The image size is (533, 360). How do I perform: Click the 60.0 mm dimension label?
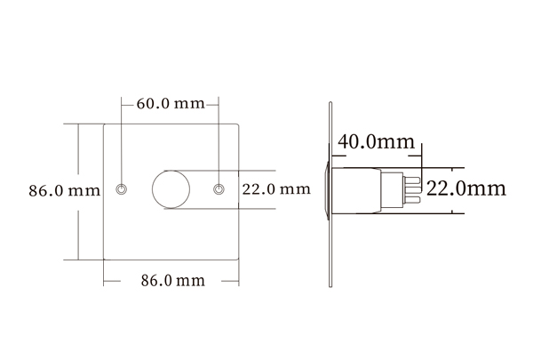(170, 103)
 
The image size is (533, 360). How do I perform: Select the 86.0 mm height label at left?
(64, 190)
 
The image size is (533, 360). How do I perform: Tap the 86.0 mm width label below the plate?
(172, 281)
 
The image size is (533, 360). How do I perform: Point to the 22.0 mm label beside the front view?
(276, 189)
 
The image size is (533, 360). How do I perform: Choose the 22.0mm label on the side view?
(466, 188)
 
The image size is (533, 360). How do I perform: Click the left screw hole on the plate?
(122, 189)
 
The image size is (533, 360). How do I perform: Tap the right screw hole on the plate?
(219, 189)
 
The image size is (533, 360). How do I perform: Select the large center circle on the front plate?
(170, 189)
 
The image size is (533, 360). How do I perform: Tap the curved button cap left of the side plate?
(327, 189)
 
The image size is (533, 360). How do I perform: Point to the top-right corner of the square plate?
(240, 124)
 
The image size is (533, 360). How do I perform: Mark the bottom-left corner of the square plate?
(103, 260)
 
